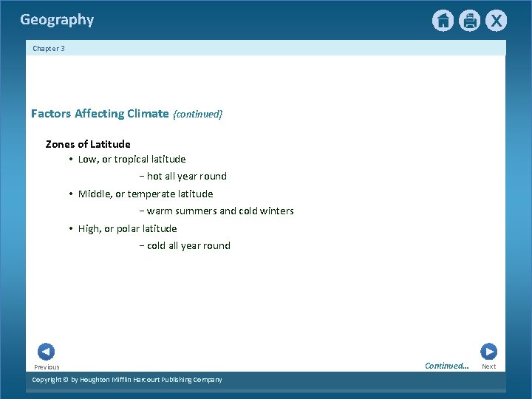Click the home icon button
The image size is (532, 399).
443,21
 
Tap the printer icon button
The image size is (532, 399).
469,21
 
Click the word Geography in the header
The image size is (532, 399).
57,20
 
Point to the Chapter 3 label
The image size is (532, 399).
49,49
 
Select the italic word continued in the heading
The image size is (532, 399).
197,114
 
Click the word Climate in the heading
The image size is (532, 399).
148,114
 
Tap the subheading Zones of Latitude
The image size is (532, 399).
88,144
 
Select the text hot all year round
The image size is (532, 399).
187,176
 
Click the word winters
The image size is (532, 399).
277,211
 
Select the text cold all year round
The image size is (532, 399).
188,245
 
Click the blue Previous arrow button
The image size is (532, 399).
46,352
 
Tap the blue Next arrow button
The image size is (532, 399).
488,352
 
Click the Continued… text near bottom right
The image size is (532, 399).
447,365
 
